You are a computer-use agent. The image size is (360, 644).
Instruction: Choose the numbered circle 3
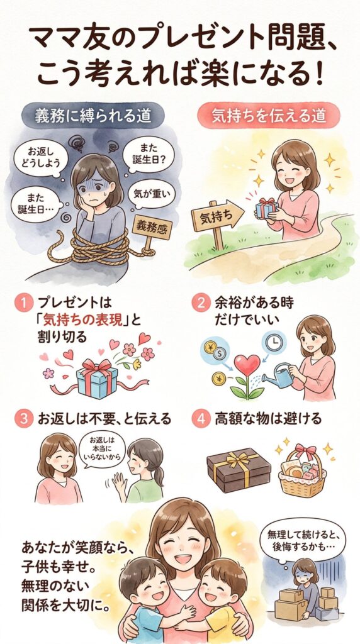23,419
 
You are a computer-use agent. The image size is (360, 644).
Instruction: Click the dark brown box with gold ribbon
238,469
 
